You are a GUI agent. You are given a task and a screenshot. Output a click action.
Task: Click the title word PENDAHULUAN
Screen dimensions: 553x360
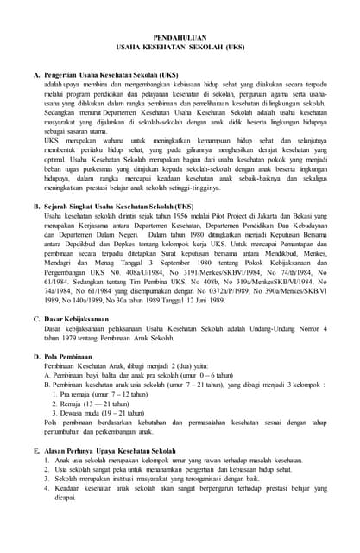click(x=180, y=39)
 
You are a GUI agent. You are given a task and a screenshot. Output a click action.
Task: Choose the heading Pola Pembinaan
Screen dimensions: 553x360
click(x=72, y=354)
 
